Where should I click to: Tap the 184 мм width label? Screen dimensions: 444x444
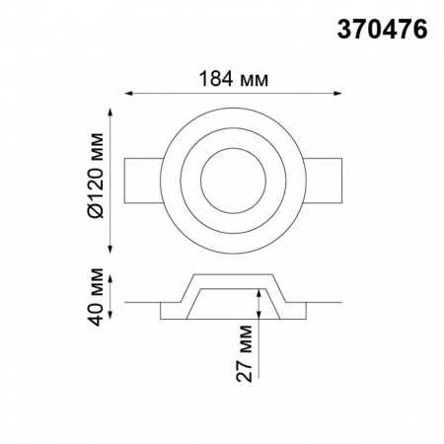point(235,77)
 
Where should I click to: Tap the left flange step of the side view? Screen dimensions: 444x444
point(170,311)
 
